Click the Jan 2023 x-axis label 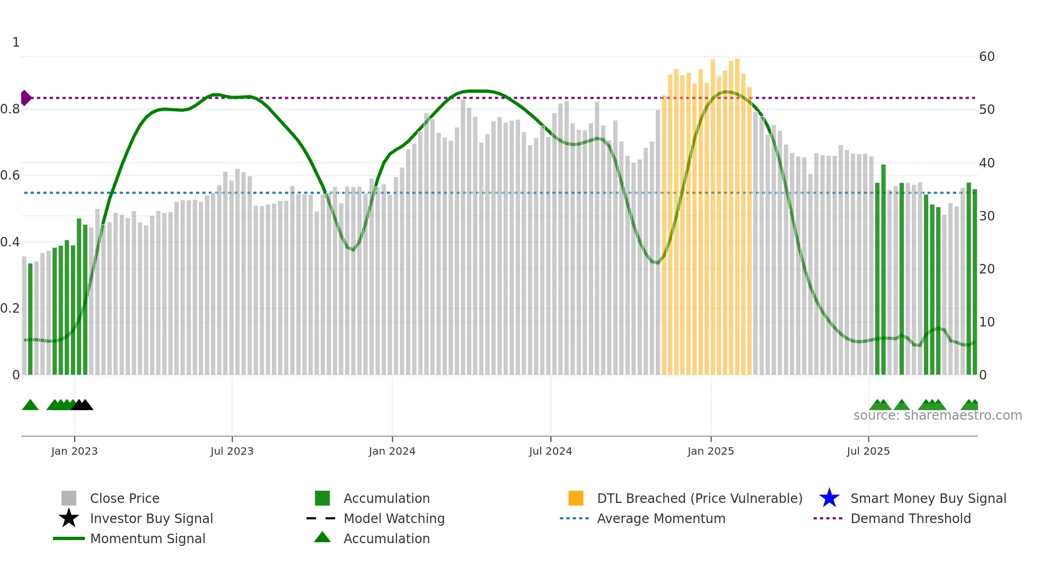click(x=74, y=451)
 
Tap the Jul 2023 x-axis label click(x=232, y=451)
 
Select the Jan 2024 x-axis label click(x=392, y=451)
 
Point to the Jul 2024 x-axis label click(x=550, y=451)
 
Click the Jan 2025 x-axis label click(x=710, y=451)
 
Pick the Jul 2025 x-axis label click(x=868, y=451)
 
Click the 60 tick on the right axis click(x=987, y=57)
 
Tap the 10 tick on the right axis click(x=987, y=322)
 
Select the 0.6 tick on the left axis click(x=10, y=175)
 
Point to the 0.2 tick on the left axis click(x=10, y=308)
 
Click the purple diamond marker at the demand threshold click(x=25, y=98)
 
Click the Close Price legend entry click(x=125, y=498)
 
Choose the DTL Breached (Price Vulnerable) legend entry click(x=699, y=498)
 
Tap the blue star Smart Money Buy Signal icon click(x=829, y=498)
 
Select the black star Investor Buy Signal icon click(x=69, y=518)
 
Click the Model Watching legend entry click(x=394, y=518)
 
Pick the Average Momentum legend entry click(x=661, y=518)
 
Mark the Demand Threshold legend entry click(x=910, y=518)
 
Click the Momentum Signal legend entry click(x=147, y=538)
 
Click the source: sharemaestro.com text click(x=937, y=415)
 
